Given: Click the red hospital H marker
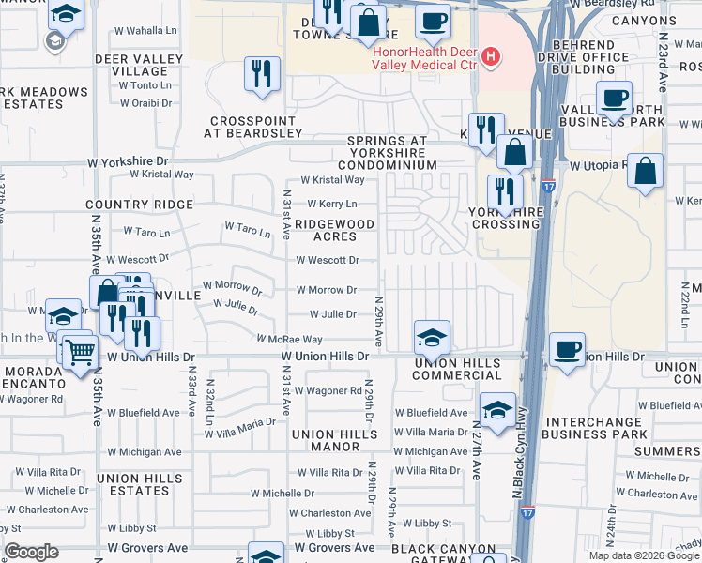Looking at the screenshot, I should (489, 58).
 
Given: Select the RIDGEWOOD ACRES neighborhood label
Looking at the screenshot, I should (335, 231).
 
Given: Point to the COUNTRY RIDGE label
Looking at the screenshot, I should (139, 204).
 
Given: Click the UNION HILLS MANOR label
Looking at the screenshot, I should (339, 440).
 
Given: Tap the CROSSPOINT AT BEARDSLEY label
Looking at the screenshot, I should (255, 127).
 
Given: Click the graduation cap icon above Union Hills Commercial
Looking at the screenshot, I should (430, 337).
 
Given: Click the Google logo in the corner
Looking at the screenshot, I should (32, 552).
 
